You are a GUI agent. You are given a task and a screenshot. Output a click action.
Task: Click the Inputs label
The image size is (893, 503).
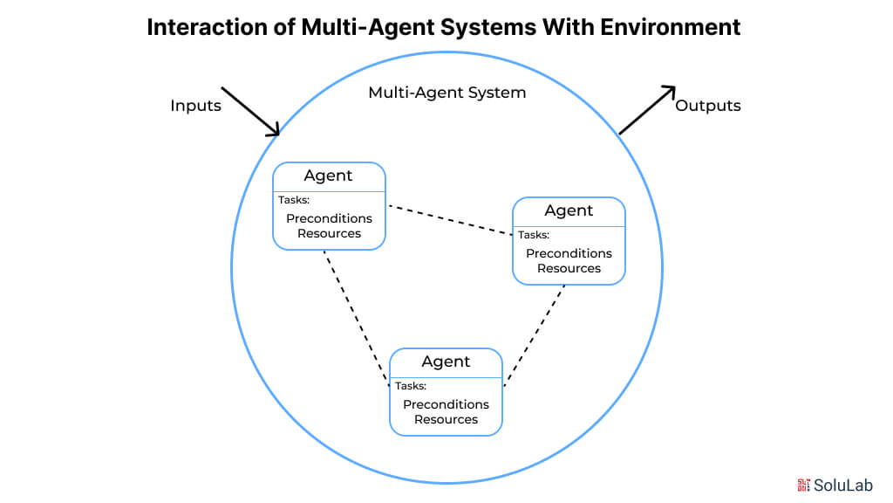click(x=195, y=106)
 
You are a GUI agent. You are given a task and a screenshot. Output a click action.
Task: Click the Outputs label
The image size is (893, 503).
click(x=708, y=106)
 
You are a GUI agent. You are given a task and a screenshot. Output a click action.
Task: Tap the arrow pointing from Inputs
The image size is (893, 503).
click(x=250, y=112)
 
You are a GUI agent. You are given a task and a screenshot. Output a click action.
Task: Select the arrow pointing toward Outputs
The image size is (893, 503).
click(x=647, y=109)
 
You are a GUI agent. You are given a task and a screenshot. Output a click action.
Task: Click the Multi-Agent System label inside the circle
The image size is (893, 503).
click(x=446, y=93)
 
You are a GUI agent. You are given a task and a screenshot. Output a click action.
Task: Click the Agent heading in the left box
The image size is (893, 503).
click(x=328, y=176)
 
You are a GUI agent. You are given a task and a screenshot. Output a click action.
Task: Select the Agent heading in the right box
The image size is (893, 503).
click(x=569, y=210)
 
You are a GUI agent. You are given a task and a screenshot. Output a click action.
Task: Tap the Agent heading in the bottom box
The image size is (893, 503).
click(x=446, y=362)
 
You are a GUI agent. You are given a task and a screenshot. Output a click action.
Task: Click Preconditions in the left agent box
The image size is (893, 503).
click(x=329, y=218)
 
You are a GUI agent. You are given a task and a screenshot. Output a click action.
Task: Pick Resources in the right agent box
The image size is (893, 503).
click(x=569, y=268)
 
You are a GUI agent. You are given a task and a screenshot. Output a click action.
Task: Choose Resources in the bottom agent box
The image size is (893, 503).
click(x=446, y=419)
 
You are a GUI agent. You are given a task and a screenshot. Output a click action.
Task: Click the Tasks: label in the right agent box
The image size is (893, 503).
click(x=534, y=234)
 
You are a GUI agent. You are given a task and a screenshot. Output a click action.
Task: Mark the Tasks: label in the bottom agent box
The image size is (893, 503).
click(x=411, y=386)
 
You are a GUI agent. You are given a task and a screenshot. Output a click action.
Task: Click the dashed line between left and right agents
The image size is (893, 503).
click(x=449, y=220)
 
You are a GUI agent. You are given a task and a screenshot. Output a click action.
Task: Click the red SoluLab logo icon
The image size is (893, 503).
click(x=803, y=485)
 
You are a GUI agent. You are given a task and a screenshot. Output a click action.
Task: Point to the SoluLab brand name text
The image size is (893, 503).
click(x=843, y=485)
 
